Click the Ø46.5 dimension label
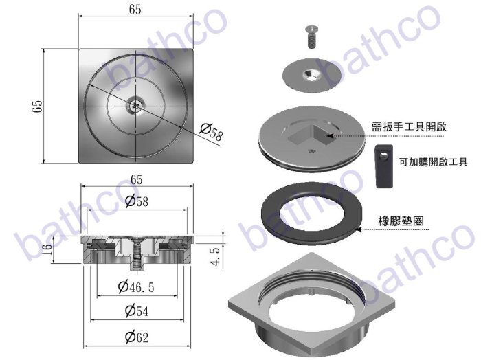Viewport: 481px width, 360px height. click(x=136, y=287)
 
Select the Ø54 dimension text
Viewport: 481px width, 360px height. click(x=137, y=311)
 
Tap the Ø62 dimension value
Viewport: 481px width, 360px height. click(x=137, y=337)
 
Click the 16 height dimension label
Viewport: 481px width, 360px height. click(x=47, y=249)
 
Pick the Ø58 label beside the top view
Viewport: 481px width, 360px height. click(x=211, y=131)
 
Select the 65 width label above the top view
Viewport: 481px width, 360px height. click(x=135, y=10)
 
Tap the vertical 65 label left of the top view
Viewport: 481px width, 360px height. click(x=37, y=106)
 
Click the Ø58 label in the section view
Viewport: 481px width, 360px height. click(x=137, y=201)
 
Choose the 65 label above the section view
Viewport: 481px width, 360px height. click(x=137, y=179)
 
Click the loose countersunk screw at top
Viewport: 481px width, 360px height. click(x=312, y=37)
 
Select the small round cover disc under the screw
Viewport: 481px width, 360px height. click(x=312, y=76)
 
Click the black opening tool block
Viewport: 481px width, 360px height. click(x=384, y=166)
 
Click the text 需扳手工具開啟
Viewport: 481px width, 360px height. click(x=409, y=126)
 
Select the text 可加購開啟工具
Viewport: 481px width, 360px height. click(x=433, y=161)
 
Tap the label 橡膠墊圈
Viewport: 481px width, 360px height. click(x=401, y=221)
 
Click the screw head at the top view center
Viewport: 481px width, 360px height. click(x=135, y=106)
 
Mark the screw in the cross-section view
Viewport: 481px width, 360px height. click(x=137, y=254)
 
